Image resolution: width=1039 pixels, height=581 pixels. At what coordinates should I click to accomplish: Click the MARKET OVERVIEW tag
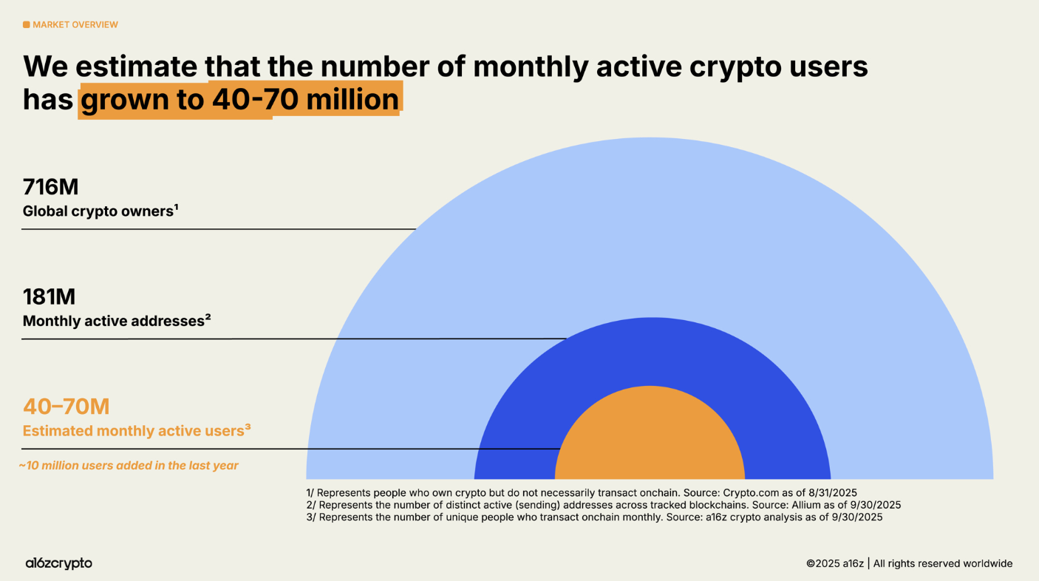pos(75,24)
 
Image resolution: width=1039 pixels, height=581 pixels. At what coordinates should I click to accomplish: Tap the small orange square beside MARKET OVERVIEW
pos(27,24)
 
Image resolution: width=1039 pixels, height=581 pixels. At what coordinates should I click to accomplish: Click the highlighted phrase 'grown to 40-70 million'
pos(239,99)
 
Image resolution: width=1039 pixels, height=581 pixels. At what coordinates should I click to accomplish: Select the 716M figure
pos(50,187)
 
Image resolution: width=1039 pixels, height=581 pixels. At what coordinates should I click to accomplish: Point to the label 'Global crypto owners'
pos(98,211)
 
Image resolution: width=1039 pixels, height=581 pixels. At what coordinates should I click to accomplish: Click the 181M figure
pos(49,296)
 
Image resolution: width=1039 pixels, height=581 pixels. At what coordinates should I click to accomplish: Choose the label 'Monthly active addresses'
pos(114,321)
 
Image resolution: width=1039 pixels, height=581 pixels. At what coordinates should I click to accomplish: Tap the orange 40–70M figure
pos(66,406)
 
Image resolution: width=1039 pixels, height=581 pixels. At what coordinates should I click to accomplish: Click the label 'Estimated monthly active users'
pos(133,430)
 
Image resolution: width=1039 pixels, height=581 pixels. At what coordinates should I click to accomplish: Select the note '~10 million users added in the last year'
pos(129,466)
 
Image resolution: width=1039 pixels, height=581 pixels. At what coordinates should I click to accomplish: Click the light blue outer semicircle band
pos(650,222)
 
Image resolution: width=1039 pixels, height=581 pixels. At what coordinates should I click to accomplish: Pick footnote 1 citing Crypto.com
pos(581,492)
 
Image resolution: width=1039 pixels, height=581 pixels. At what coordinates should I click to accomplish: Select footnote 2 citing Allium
pos(603,505)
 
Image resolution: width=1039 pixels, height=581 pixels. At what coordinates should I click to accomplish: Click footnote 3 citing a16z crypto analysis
pos(594,517)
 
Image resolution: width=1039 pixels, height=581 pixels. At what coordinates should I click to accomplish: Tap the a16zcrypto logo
pos(58,563)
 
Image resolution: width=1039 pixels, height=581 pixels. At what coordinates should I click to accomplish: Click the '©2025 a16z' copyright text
pos(834,563)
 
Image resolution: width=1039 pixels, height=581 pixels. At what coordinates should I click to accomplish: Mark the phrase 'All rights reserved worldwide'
pos(943,563)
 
